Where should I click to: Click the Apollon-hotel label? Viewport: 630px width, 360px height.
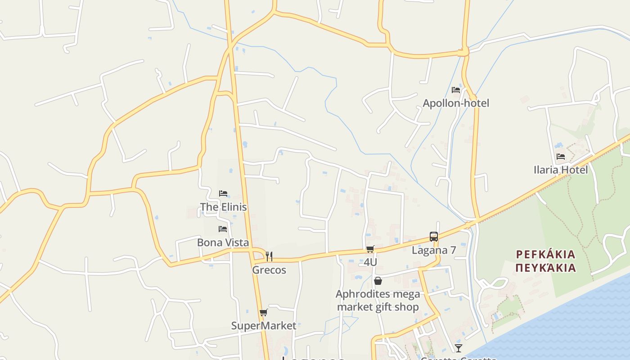(x=455, y=103)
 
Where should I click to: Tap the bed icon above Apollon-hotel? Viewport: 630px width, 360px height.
(x=456, y=90)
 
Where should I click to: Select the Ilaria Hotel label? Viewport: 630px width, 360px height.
(x=560, y=170)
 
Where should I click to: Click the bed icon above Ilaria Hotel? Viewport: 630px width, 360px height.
(x=561, y=157)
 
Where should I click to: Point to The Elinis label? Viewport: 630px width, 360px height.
(x=223, y=207)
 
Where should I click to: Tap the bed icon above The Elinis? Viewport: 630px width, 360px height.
(x=223, y=193)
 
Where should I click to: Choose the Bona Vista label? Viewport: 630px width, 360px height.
(x=223, y=243)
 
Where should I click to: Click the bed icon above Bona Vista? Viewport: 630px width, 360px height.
(x=223, y=229)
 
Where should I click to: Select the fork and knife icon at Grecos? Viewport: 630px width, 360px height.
(x=269, y=256)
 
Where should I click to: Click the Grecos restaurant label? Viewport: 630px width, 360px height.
(x=269, y=270)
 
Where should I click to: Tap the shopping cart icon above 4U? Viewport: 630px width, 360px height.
(x=370, y=249)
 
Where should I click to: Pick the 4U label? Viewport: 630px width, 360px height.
(x=370, y=262)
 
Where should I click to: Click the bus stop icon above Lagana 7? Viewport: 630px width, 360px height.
(x=434, y=237)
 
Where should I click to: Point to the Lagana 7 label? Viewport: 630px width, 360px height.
(x=434, y=250)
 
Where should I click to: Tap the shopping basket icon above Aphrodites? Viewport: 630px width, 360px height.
(x=378, y=281)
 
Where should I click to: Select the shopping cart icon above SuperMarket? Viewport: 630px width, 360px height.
(x=264, y=312)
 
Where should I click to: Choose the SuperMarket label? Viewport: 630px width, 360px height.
(x=264, y=326)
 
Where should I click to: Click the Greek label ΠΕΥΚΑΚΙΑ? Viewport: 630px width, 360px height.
(x=545, y=268)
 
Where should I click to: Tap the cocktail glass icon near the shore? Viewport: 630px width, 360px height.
(x=458, y=348)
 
